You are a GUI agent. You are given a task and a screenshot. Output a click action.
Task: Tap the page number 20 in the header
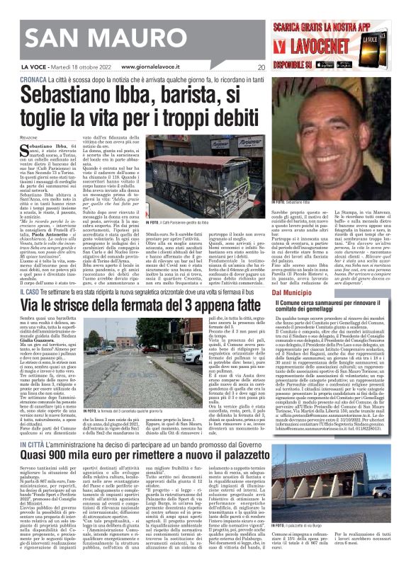pos(261,67)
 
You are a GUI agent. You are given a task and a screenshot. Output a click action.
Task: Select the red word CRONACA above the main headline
pos(35,80)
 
